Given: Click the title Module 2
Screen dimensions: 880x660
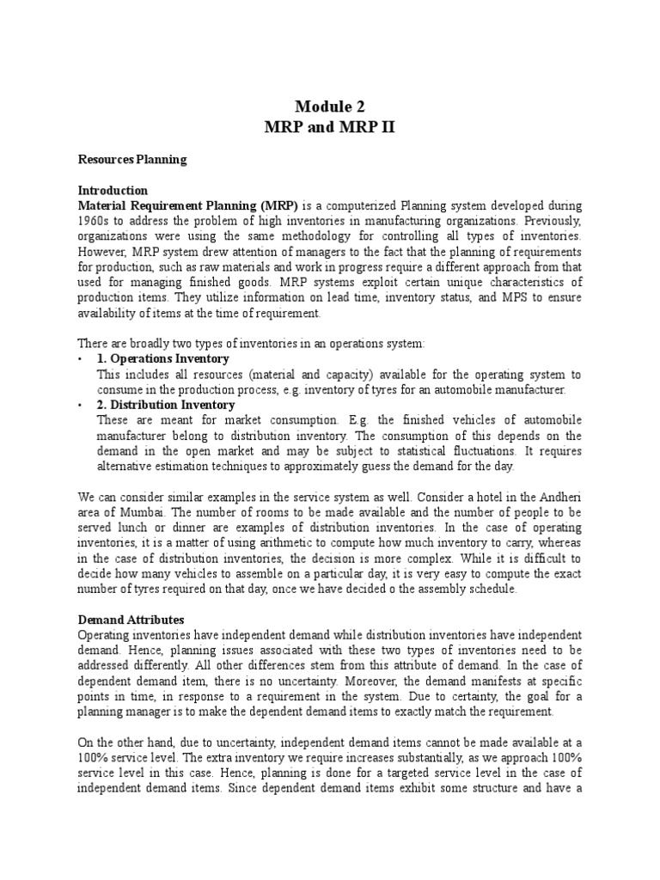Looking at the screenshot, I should (x=330, y=107).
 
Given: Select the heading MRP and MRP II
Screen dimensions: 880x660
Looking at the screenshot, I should (x=330, y=128).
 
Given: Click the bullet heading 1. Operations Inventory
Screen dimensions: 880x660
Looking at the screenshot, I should (x=163, y=358).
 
